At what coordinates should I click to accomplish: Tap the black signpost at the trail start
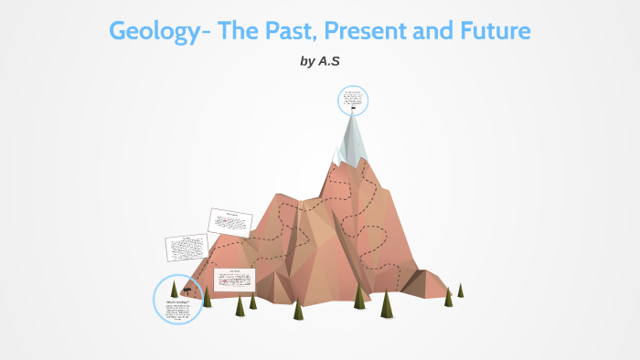click(187, 291)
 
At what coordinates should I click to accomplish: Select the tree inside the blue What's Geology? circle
click(174, 288)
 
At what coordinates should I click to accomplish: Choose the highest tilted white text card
click(229, 221)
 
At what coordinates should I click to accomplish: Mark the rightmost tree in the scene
click(461, 290)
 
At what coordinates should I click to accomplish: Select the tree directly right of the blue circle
click(208, 297)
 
